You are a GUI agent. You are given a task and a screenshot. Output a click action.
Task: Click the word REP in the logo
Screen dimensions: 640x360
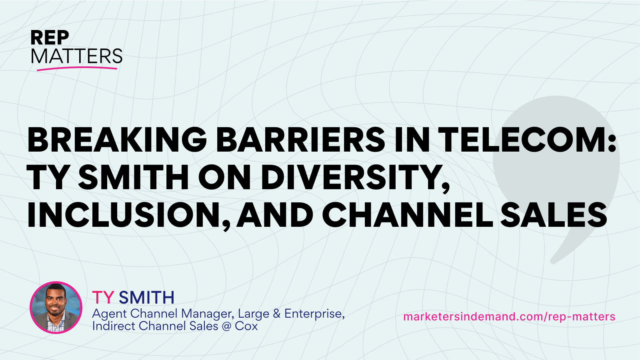click(x=50, y=38)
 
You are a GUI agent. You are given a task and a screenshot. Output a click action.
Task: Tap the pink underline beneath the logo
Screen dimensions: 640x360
click(x=77, y=68)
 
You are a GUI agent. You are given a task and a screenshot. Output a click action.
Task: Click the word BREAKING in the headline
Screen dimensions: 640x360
click(x=116, y=140)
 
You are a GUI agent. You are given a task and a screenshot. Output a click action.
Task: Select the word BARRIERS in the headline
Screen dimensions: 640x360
click(x=300, y=140)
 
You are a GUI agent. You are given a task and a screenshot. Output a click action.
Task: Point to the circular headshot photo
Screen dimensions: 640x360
click(x=56, y=308)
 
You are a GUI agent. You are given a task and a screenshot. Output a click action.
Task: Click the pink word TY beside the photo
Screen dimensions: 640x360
click(x=103, y=298)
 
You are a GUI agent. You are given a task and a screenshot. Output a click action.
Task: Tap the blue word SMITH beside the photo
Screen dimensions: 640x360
click(x=146, y=298)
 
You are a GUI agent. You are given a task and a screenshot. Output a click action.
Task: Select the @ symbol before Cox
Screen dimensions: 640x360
click(x=226, y=326)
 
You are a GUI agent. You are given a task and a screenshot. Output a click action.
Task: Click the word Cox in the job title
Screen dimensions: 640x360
click(x=246, y=326)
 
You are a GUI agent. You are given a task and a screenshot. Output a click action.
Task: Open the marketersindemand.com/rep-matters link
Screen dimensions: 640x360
click(x=509, y=317)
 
